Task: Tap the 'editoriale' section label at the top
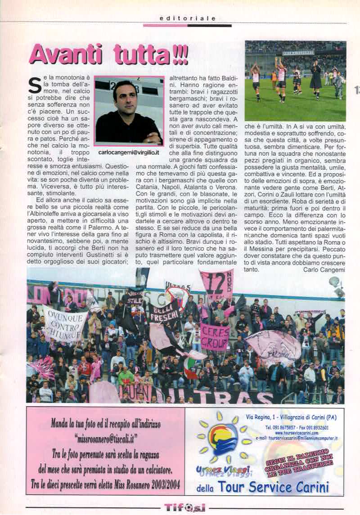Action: pyautogui.click(x=188, y=18)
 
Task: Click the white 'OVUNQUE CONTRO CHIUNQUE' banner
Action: pyautogui.click(x=65, y=322)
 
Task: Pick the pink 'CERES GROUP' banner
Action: pyautogui.click(x=215, y=336)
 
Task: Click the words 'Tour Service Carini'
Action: pyautogui.click(x=274, y=487)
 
